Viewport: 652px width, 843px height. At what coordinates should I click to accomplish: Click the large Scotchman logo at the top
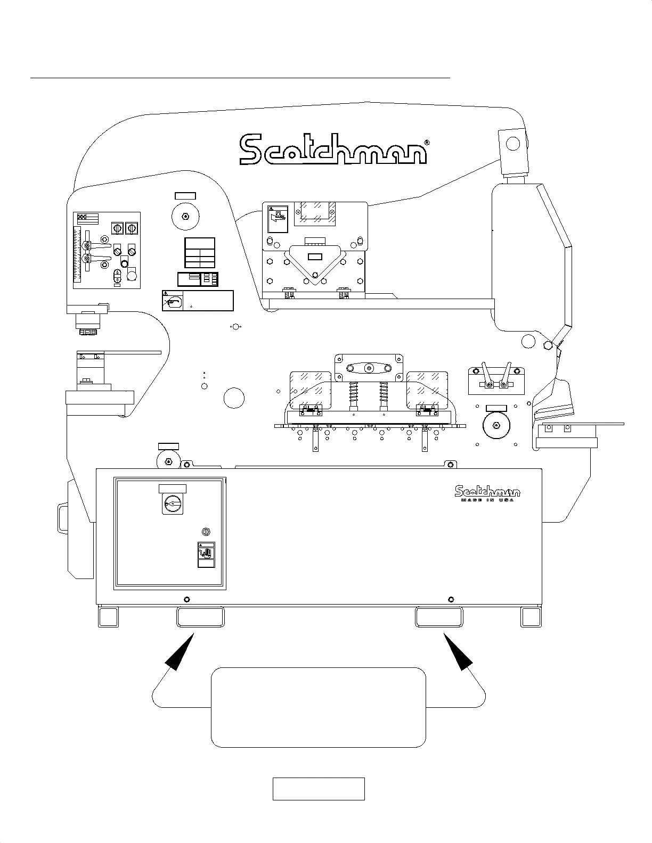[333, 149]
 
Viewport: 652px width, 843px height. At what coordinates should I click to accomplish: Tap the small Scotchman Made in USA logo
[487, 493]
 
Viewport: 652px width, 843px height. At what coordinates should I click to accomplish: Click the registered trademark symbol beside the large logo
[426, 143]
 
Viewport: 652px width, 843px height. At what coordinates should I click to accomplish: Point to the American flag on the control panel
[88, 218]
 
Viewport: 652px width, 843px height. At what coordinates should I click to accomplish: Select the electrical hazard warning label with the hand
[206, 555]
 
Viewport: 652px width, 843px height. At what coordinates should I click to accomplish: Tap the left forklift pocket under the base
[200, 617]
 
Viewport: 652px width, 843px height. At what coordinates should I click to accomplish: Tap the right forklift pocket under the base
[439, 617]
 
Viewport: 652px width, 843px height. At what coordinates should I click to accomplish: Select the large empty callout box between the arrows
[319, 707]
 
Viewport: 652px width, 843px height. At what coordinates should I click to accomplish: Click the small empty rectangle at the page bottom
[319, 789]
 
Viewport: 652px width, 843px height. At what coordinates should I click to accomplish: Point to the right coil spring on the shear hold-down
[383, 394]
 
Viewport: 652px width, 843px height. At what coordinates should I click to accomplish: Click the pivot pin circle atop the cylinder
[512, 143]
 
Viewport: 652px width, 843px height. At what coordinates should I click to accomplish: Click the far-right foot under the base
[531, 617]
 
